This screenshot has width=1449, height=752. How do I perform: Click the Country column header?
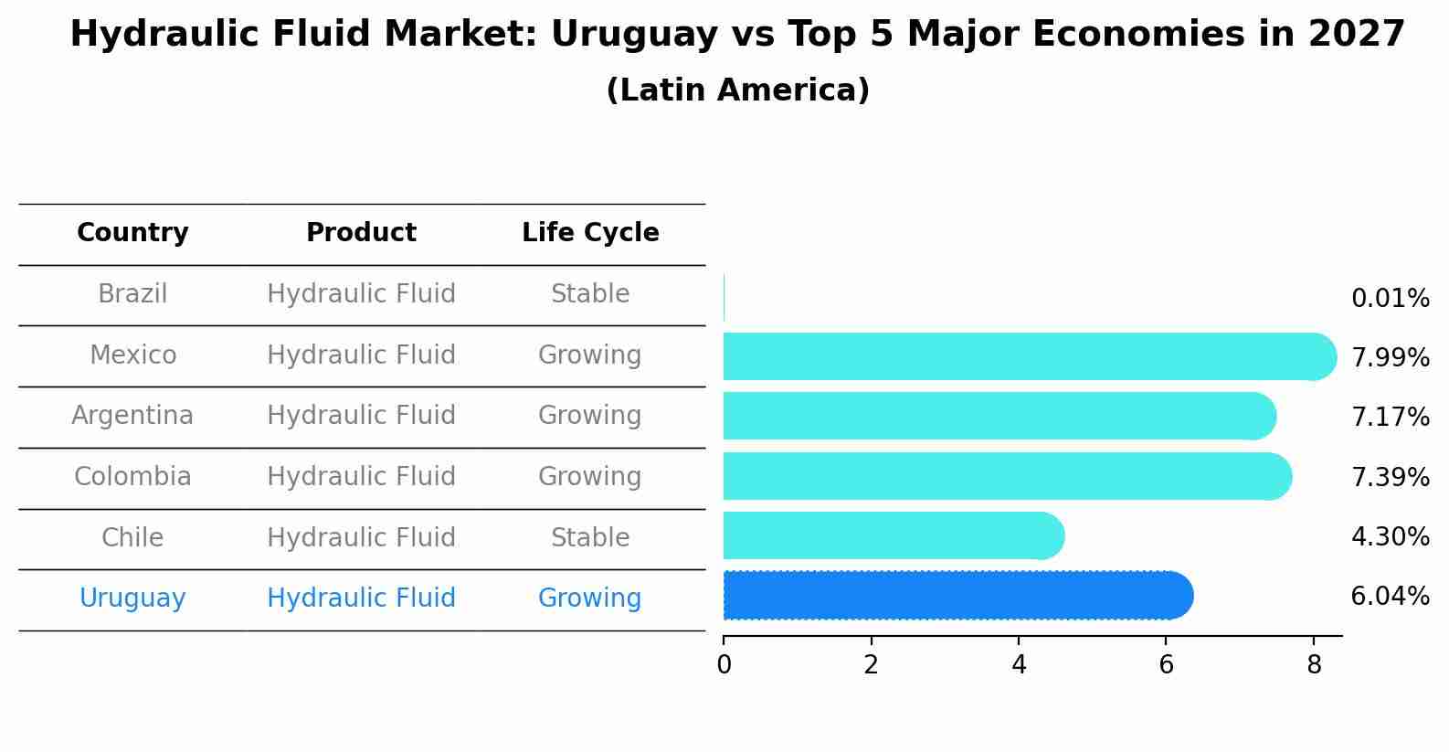(x=132, y=233)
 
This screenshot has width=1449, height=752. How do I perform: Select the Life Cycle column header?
(x=590, y=233)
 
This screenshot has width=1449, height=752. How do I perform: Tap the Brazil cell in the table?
(x=132, y=294)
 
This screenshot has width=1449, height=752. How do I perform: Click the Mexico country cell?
(x=132, y=355)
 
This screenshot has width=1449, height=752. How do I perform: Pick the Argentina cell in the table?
(x=132, y=416)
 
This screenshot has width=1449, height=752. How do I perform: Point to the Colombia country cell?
(x=132, y=477)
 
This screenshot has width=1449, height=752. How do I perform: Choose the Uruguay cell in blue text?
(x=132, y=598)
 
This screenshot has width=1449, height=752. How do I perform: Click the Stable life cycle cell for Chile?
(x=590, y=538)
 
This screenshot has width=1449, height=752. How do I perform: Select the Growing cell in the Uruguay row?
(x=590, y=598)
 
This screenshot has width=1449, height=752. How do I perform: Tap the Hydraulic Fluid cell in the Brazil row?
(x=361, y=294)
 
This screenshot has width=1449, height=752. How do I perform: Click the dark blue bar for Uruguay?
(x=955, y=596)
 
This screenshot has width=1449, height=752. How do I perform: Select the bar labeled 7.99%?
(x=1023, y=356)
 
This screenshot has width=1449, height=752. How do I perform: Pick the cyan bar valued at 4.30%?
(x=891, y=535)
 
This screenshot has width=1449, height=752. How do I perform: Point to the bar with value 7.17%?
(x=996, y=416)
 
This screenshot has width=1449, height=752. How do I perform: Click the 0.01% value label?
(x=1390, y=299)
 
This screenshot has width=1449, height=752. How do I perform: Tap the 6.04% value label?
(x=1390, y=597)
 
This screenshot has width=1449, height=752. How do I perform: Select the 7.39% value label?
(x=1390, y=477)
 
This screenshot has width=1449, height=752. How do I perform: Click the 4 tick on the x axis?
(x=1019, y=665)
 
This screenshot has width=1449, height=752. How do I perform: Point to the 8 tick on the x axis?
(x=1314, y=665)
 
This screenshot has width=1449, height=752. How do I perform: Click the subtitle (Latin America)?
(x=737, y=90)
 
